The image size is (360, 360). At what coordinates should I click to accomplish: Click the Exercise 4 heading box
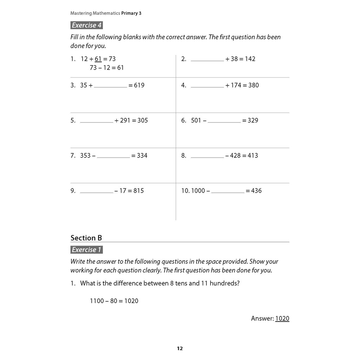pos(87,25)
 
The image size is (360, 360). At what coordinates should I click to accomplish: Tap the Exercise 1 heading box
pos(87,250)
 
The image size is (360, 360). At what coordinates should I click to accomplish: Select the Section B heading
pos(86,238)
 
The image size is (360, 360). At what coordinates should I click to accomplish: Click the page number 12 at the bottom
pos(180,348)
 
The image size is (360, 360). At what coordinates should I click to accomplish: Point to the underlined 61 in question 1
pos(98,59)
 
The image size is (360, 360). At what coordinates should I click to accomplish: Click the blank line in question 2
pos(207,60)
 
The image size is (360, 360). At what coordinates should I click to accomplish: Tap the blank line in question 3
pos(110,87)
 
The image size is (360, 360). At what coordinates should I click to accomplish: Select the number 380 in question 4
pos(253,85)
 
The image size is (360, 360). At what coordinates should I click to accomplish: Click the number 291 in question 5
pos(125,120)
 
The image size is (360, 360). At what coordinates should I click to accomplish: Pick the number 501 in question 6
pos(196,120)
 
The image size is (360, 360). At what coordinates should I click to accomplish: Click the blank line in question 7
pos(113,157)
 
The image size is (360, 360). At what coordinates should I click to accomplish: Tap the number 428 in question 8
pos(235,155)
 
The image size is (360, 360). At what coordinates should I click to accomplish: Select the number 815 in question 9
pos(139,191)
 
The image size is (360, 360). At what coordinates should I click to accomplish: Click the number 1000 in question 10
pos(198,191)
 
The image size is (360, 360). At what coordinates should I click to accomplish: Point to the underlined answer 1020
pos(282,319)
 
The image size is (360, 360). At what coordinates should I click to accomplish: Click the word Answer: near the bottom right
pos(262,319)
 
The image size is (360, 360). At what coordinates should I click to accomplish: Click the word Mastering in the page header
pos(81,13)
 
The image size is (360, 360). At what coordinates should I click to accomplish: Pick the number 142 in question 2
pos(250,59)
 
